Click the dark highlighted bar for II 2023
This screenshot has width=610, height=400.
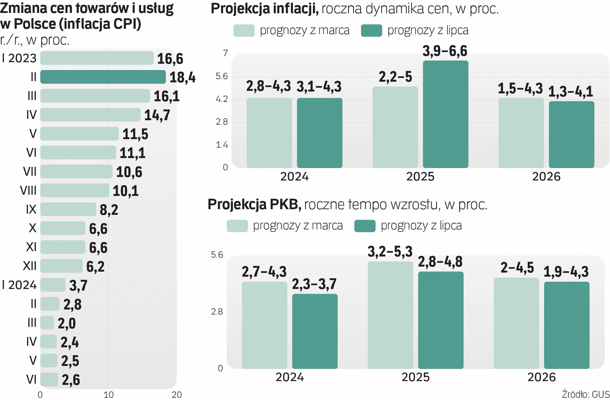pyautogui.click(x=103, y=77)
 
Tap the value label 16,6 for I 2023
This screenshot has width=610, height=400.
pyautogui.click(x=170, y=59)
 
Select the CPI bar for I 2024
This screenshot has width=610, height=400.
pyautogui.click(x=53, y=285)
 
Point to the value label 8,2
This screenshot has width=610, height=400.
pyautogui.click(x=109, y=210)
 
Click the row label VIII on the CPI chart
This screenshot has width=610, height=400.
pyautogui.click(x=28, y=191)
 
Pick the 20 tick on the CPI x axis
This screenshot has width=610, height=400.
pyautogui.click(x=177, y=395)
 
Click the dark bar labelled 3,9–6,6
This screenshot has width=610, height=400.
pyautogui.click(x=445, y=114)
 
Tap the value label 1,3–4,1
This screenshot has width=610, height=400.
pyautogui.click(x=570, y=91)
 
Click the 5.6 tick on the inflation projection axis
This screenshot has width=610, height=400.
pyautogui.click(x=222, y=77)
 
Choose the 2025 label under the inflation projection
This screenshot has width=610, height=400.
pyautogui.click(x=420, y=177)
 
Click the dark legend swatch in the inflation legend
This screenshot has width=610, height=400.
pyautogui.click(x=371, y=30)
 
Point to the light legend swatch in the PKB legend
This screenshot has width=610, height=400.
pyautogui.click(x=237, y=226)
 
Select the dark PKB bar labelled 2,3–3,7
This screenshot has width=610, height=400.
pyautogui.click(x=315, y=331)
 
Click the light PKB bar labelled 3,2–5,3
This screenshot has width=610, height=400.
pyautogui.click(x=390, y=315)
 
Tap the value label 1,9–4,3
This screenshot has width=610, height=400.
pyautogui.click(x=566, y=272)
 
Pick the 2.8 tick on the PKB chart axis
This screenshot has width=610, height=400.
pyautogui.click(x=217, y=312)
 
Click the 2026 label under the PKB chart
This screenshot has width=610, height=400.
pyautogui.click(x=541, y=377)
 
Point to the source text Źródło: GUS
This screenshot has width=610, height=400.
pyautogui.click(x=586, y=394)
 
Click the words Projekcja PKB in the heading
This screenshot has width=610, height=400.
pyautogui.click(x=254, y=204)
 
